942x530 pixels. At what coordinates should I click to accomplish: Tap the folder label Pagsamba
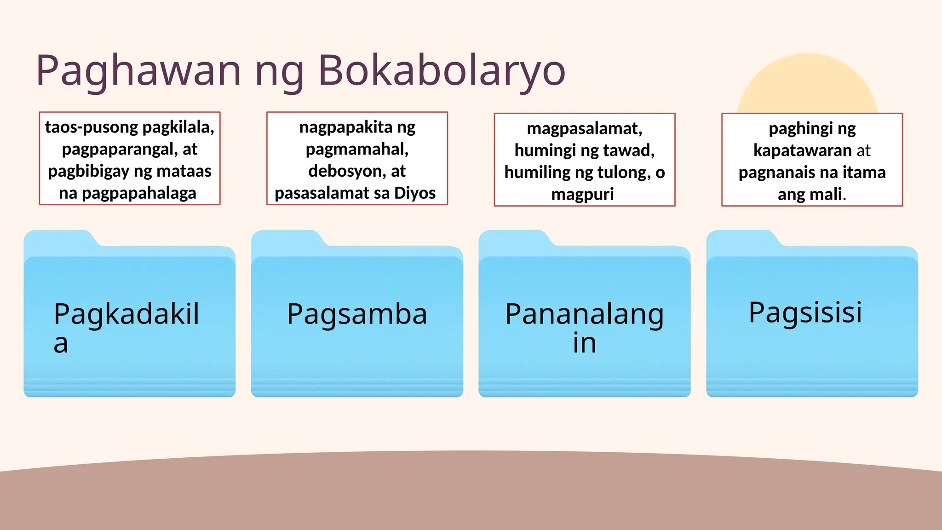pyautogui.click(x=357, y=314)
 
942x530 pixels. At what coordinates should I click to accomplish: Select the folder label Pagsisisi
pyautogui.click(x=805, y=312)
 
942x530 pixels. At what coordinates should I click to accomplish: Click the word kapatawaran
pyautogui.click(x=802, y=150)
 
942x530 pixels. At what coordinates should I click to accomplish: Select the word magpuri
pyautogui.click(x=582, y=194)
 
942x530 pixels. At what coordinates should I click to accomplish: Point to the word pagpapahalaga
pyautogui.click(x=139, y=193)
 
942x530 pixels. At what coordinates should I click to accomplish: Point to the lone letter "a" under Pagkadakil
pyautogui.click(x=61, y=344)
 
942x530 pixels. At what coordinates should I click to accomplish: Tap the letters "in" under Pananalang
pyautogui.click(x=584, y=344)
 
